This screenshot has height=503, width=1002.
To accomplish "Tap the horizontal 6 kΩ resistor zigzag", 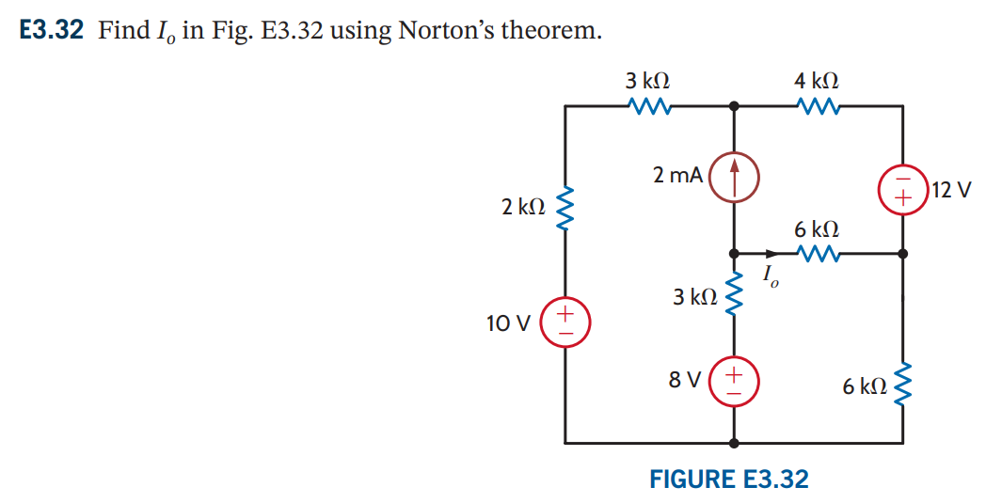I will pyautogui.click(x=818, y=253).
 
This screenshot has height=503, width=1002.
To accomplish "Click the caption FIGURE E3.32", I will pyautogui.click(x=728, y=479).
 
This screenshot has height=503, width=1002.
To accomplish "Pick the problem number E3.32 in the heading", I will pyautogui.click(x=52, y=30).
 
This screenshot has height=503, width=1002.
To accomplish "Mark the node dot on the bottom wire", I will pyautogui.click(x=734, y=441).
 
